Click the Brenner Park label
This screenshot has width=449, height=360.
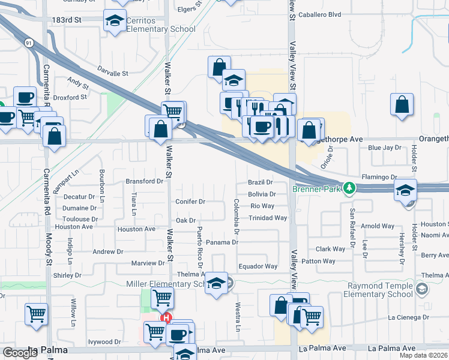(x=316, y=189)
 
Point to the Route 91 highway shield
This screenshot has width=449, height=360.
(x=29, y=43)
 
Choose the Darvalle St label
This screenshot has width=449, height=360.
(x=113, y=73)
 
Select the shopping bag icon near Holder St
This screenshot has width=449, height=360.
(x=402, y=104)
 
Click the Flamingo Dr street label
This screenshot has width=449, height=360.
(x=379, y=177)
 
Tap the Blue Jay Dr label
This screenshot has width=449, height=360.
(x=384, y=148)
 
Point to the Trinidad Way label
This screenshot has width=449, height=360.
(x=268, y=218)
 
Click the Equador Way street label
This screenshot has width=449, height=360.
(x=258, y=266)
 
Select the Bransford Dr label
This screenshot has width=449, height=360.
(x=144, y=181)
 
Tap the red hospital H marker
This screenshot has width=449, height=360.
(x=166, y=318)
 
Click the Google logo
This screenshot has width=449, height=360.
(x=20, y=353)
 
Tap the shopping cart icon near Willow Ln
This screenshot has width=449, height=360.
(x=36, y=313)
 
